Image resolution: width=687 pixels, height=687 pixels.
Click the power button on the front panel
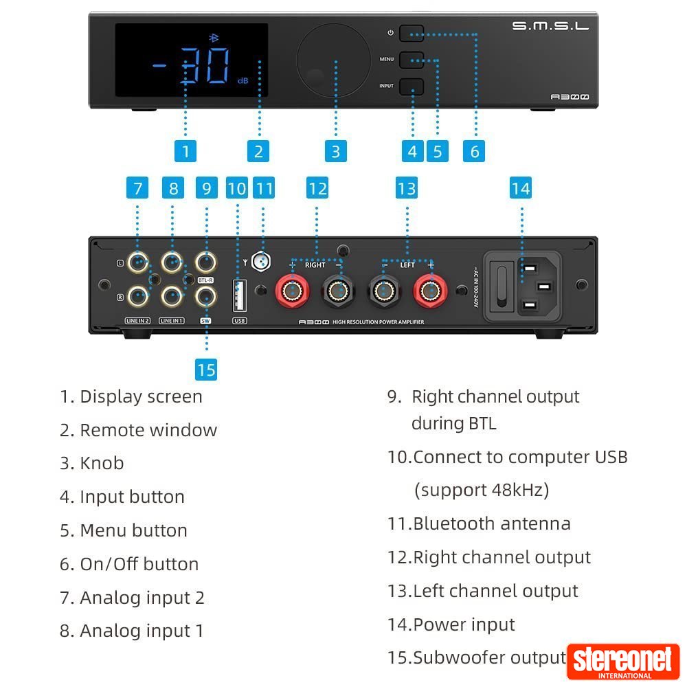tap(412, 33)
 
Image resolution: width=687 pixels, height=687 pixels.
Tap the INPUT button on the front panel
tap(412, 86)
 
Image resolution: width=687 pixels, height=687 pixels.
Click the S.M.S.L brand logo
tap(550, 26)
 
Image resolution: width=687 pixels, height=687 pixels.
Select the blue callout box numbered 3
tap(335, 151)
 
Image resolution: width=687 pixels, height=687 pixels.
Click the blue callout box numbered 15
tap(206, 370)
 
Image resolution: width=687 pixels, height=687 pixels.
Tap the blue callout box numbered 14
tap(521, 188)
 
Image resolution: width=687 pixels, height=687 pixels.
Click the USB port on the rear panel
tap(239, 295)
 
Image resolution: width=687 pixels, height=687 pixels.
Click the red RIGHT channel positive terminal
tap(293, 291)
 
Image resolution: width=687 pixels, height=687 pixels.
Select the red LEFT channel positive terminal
tap(429, 291)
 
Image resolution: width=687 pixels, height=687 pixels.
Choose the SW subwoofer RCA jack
tap(205, 297)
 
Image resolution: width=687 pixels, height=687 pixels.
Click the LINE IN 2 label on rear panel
tap(137, 320)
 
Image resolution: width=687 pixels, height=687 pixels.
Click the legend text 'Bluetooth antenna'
tap(491, 523)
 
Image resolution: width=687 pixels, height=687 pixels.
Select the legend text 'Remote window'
tap(148, 430)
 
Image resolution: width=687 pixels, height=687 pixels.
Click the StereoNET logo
tap(623, 662)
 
